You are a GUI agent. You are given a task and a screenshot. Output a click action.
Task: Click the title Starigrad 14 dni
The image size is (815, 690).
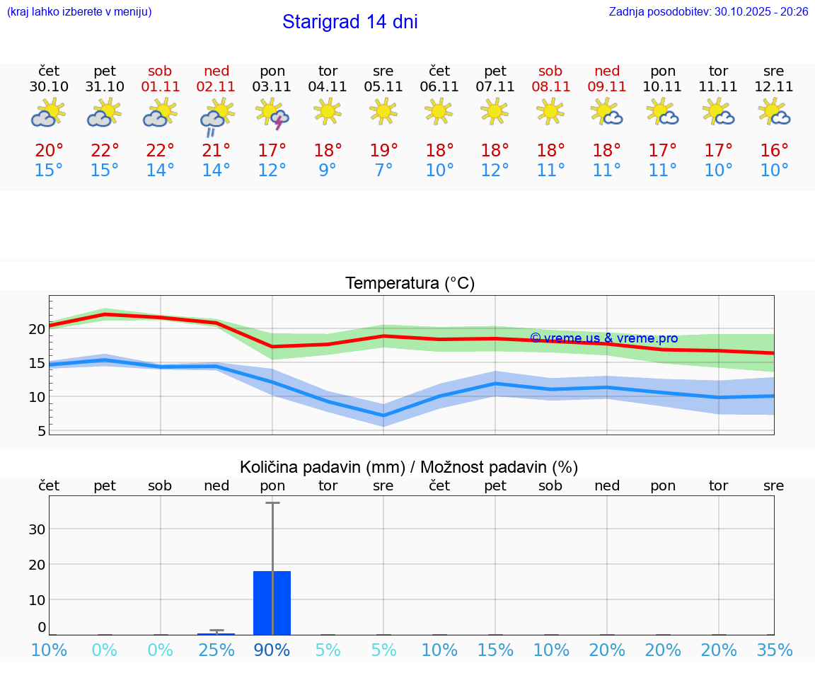(x=349, y=22)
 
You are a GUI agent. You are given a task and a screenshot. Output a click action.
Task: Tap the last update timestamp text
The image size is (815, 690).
(x=708, y=11)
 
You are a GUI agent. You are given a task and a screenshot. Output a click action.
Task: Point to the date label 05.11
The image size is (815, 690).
(x=383, y=87)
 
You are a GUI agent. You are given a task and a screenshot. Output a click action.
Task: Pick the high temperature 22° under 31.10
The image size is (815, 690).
(x=105, y=151)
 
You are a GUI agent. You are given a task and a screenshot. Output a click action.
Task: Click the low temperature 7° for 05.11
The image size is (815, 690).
(x=383, y=171)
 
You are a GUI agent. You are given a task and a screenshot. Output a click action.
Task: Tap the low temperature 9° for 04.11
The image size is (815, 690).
(x=328, y=171)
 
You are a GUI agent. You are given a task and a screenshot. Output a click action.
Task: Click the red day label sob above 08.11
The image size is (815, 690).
(x=550, y=71)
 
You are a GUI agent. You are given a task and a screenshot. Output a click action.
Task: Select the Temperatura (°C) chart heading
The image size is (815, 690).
(x=410, y=284)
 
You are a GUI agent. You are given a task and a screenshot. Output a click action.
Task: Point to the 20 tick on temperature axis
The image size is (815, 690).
(x=37, y=329)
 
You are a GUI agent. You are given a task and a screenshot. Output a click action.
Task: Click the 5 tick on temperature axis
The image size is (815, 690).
(x=41, y=430)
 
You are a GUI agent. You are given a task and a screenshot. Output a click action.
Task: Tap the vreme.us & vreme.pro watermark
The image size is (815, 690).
(x=603, y=338)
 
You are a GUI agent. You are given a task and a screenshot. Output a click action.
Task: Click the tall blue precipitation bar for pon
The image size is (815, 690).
(x=272, y=602)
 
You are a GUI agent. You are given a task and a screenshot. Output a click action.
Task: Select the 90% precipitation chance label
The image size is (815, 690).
(x=272, y=650)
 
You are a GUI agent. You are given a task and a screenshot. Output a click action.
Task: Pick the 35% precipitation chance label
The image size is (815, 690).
(x=774, y=650)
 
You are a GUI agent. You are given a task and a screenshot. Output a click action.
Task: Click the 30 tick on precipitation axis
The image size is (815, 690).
(x=37, y=529)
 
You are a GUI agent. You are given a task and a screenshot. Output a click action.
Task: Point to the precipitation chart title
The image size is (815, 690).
(x=409, y=467)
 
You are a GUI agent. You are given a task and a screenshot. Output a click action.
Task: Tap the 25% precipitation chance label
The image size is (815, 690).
(x=216, y=650)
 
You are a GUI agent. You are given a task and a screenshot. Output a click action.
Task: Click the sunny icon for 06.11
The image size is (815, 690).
(x=439, y=110)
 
